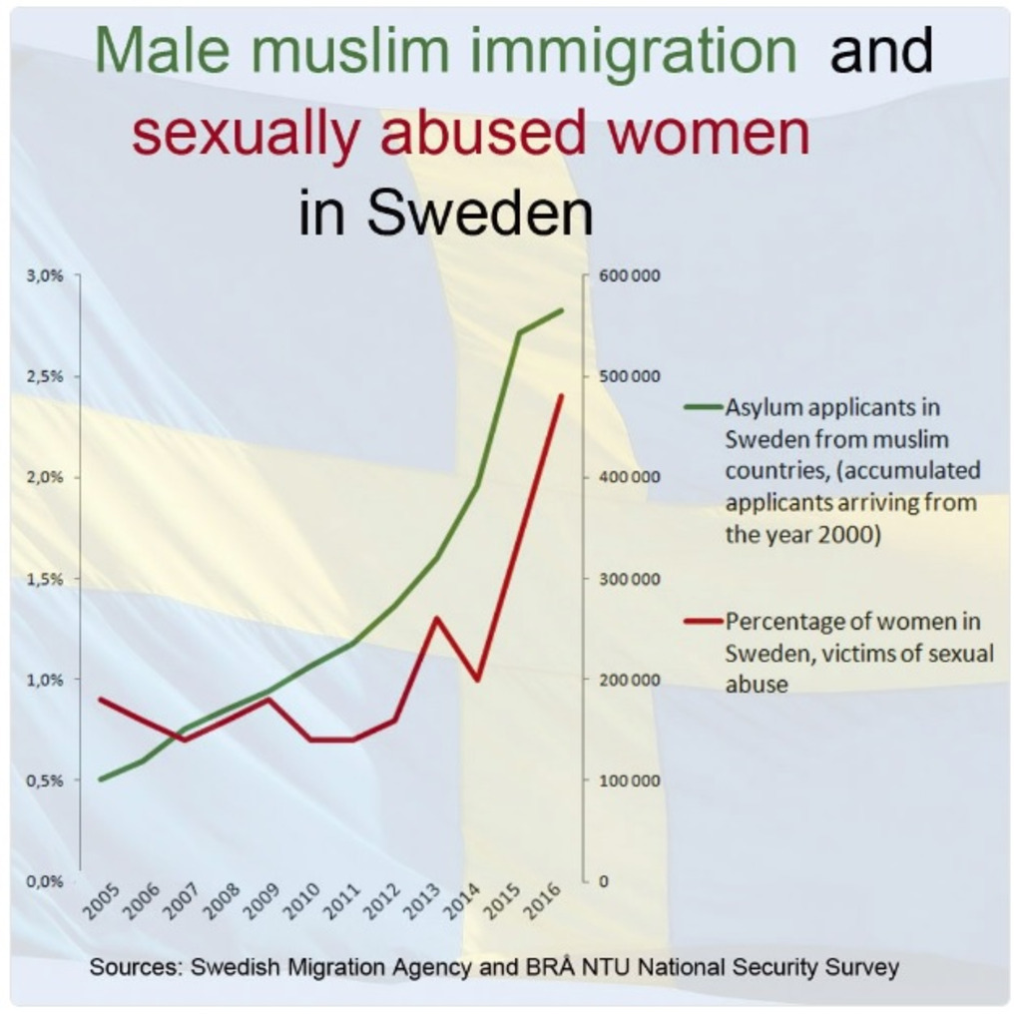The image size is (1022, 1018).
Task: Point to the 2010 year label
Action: point(303,900)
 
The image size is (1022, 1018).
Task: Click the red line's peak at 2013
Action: point(436,618)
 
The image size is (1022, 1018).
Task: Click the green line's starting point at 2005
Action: point(100,778)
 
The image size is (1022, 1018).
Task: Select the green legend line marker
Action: point(703,407)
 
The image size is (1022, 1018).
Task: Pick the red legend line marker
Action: point(703,621)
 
